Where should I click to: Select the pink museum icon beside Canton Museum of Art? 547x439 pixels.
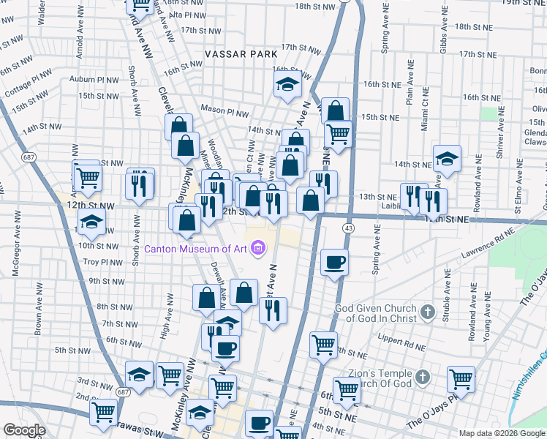tap(257, 249)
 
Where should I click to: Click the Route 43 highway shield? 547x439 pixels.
tap(349, 229)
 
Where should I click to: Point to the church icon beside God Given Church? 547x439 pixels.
tap(428, 312)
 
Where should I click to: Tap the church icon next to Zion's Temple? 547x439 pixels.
tap(421, 378)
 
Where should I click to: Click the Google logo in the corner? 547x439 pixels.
tap(24, 430)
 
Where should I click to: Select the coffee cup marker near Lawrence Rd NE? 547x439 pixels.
tap(334, 262)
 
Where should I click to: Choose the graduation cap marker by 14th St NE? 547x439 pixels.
tap(447, 158)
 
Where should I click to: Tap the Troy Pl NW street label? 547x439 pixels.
tap(101, 262)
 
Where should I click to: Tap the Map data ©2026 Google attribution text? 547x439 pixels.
tap(501, 433)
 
